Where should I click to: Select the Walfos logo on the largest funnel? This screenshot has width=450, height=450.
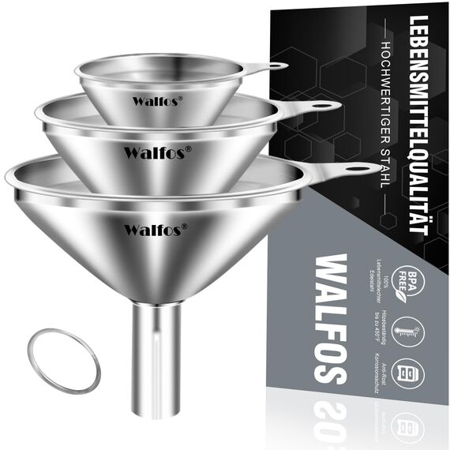point(155,229)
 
